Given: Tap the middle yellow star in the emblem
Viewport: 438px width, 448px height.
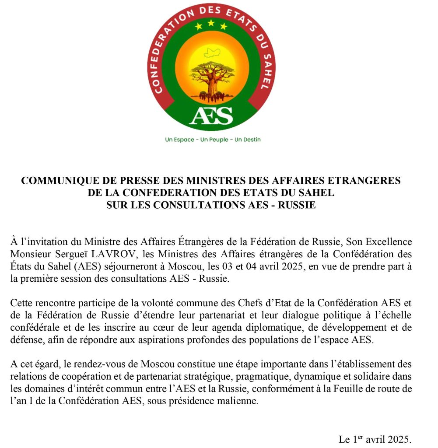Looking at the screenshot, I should [211, 23].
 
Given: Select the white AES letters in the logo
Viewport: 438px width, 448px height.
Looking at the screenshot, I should [211, 116].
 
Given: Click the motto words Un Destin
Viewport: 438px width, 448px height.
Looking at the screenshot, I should [248, 140].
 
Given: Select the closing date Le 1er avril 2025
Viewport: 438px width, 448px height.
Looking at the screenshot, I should [375, 439].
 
